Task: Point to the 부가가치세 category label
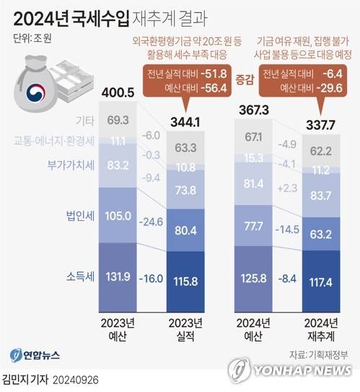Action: coord(71,165)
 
